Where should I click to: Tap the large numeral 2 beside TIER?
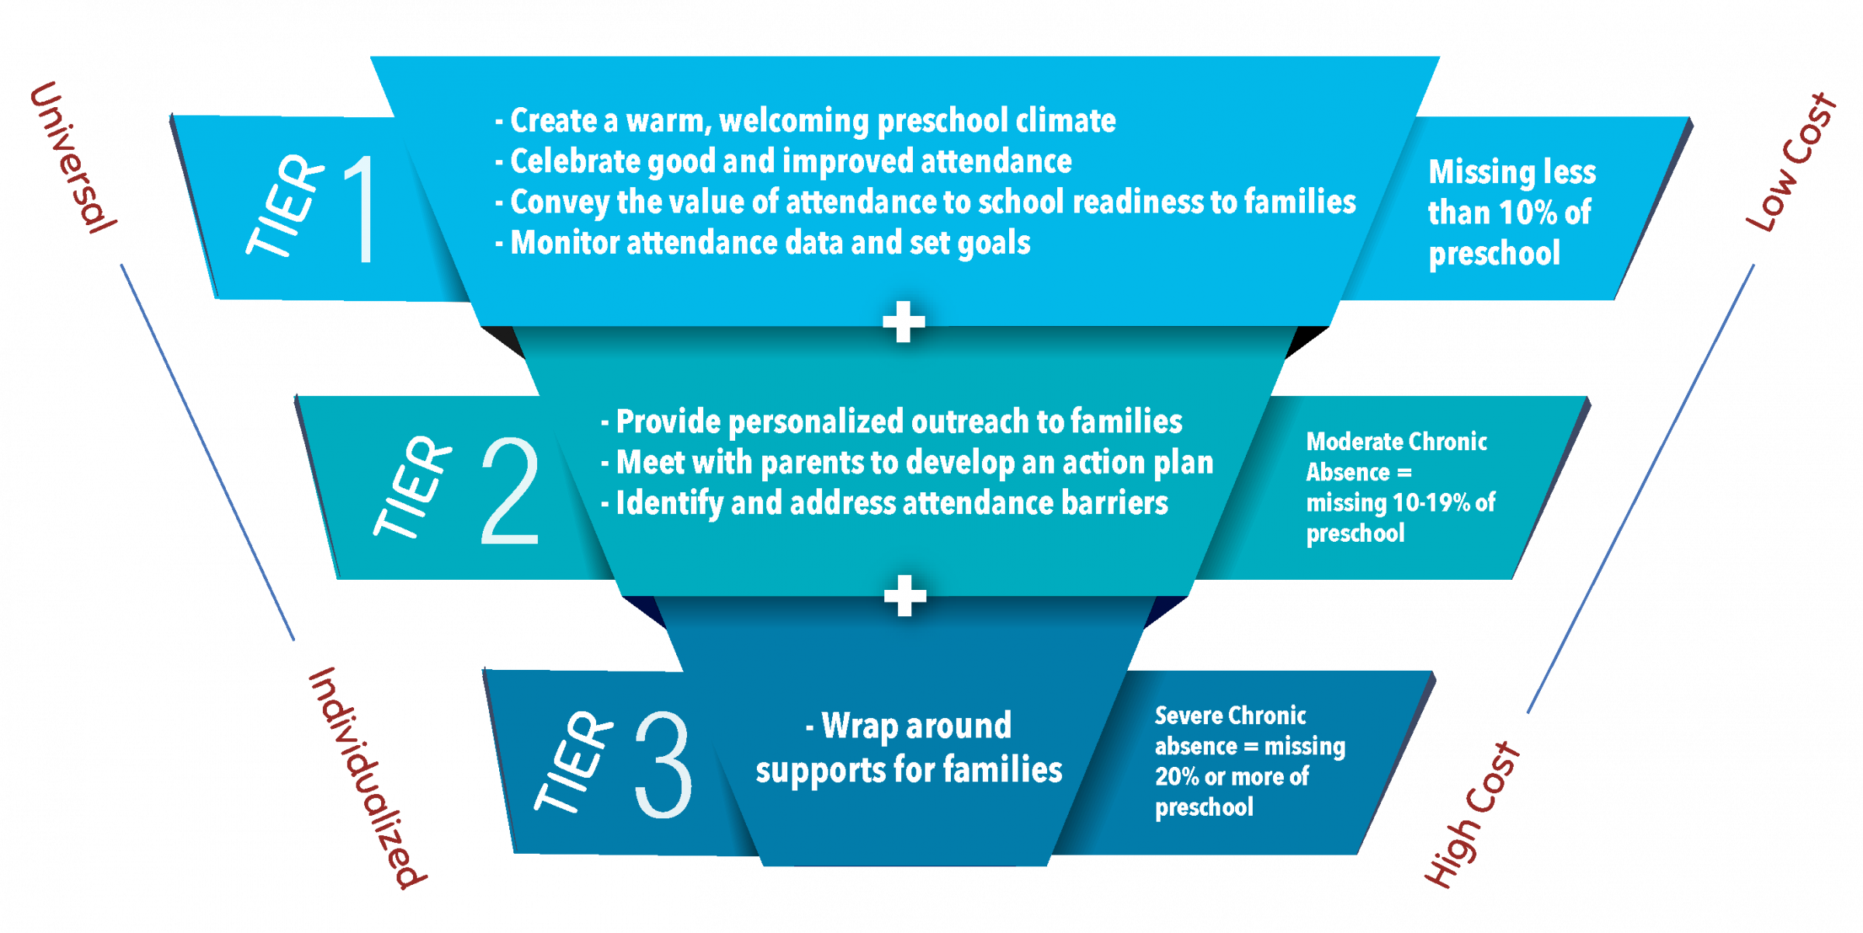point(510,490)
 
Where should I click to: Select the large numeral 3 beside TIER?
point(663,765)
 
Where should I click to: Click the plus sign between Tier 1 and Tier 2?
point(904,321)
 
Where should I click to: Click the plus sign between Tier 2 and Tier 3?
point(905,596)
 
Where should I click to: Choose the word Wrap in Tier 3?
point(860,726)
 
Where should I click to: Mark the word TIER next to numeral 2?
point(412,486)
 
